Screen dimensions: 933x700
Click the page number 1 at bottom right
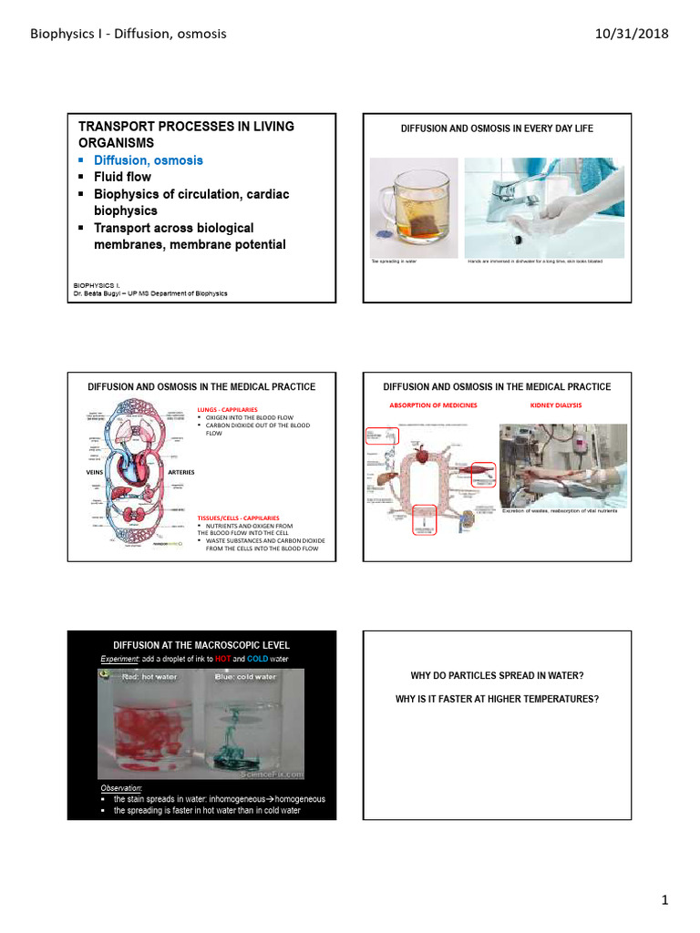665,900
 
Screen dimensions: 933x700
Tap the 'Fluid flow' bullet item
123,177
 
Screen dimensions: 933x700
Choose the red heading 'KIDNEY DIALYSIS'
555,405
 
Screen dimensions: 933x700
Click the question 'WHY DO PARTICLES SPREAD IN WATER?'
497,676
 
